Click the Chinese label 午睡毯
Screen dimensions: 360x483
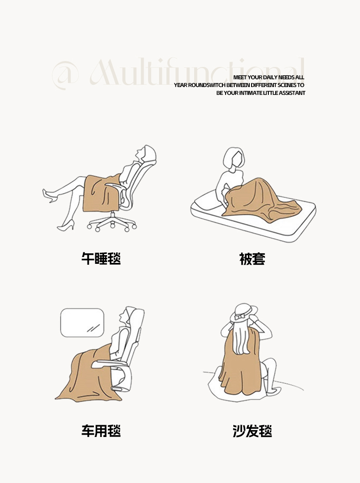(x=101, y=258)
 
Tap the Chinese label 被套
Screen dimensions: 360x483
(x=252, y=258)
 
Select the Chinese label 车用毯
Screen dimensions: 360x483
(x=101, y=431)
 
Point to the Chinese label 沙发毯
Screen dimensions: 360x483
(x=252, y=431)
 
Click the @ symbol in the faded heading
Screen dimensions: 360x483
(x=65, y=75)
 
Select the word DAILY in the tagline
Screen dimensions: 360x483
(x=270, y=77)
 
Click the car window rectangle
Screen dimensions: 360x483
(x=82, y=323)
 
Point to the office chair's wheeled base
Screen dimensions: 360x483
(x=112, y=222)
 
